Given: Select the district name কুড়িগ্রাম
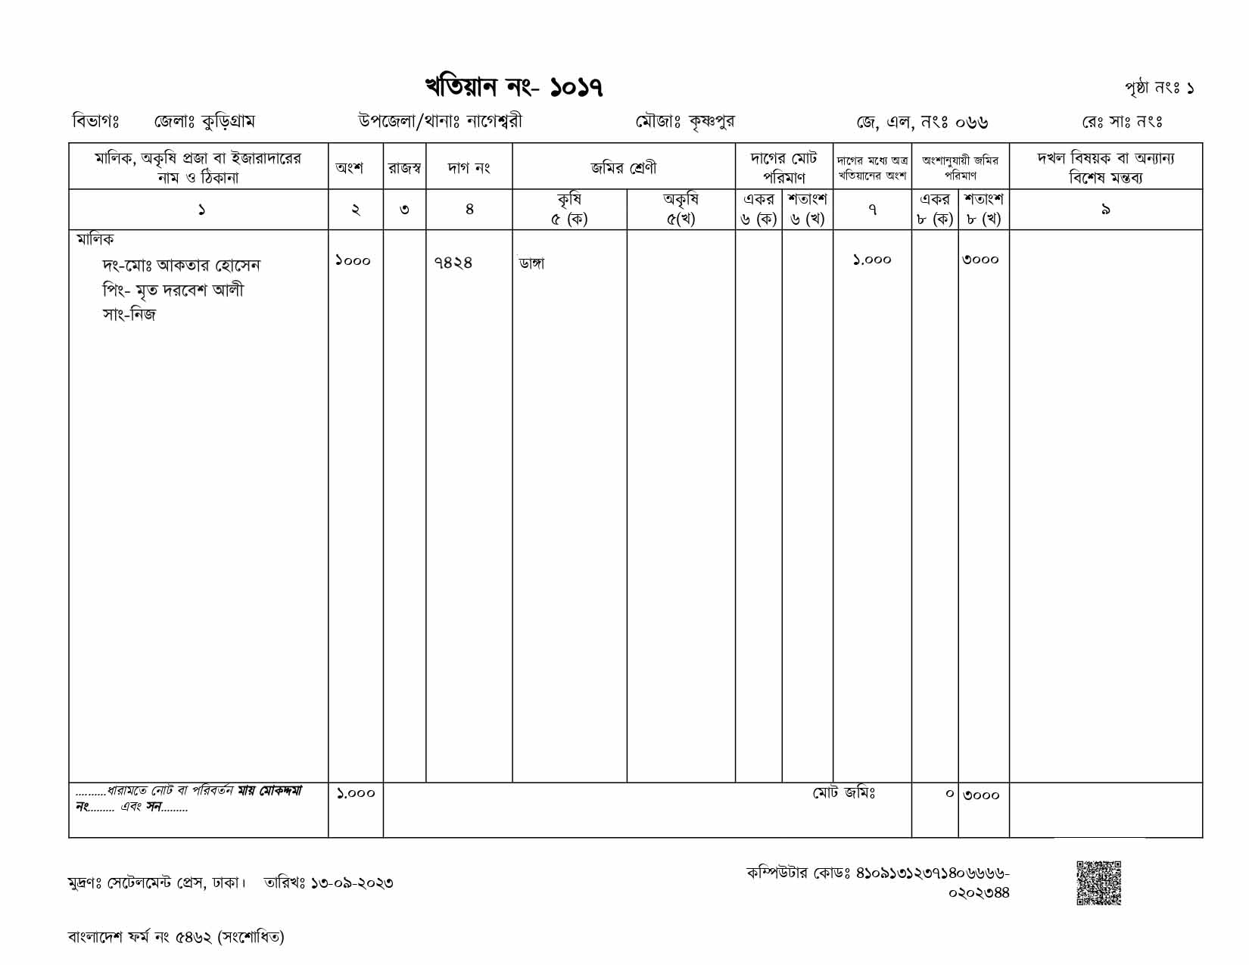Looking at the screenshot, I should [x=228, y=121].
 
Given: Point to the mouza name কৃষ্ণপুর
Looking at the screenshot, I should [x=711, y=121].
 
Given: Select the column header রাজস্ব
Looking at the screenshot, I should [x=404, y=167].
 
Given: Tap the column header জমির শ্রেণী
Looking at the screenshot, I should [x=624, y=167].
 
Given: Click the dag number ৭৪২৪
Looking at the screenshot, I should [x=453, y=262].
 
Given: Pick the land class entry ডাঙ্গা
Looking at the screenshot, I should [x=531, y=263].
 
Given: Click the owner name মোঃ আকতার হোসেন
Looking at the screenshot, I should [x=208, y=266].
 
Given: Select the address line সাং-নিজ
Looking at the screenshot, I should [x=129, y=315].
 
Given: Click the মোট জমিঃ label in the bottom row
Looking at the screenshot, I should [x=844, y=792].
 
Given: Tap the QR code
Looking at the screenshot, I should [x=1098, y=883].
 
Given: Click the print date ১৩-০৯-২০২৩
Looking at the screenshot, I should [x=351, y=883].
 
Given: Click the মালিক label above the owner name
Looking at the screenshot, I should [x=95, y=239].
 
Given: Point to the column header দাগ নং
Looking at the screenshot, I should [x=469, y=167].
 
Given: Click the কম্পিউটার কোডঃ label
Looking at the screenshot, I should [x=799, y=873].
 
